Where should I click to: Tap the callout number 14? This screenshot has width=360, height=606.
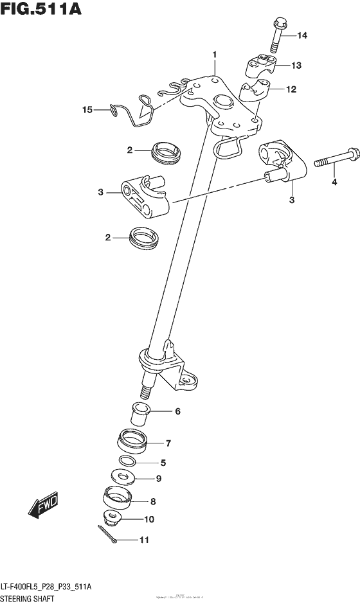pyautogui.click(x=301, y=36)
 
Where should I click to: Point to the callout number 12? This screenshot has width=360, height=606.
pyautogui.click(x=291, y=89)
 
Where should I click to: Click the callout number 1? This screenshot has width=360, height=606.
pyautogui.click(x=215, y=55)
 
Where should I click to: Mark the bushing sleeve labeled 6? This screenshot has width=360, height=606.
pyautogui.click(x=141, y=414)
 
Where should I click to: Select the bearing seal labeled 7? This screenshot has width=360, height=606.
pyautogui.click(x=132, y=443)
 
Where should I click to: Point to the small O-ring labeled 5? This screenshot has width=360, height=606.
pyautogui.click(x=127, y=461)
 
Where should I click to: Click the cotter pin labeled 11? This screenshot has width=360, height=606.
pyautogui.click(x=107, y=536)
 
